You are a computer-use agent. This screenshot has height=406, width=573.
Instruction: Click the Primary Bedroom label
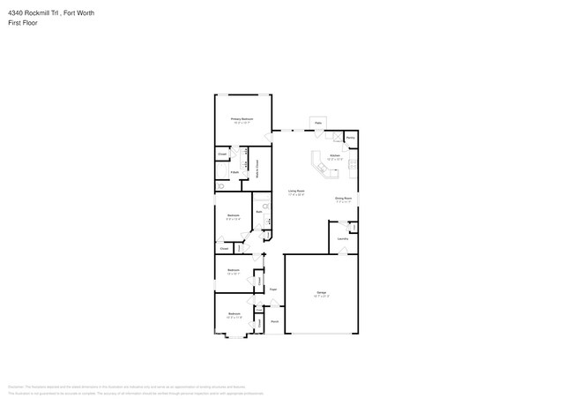(x=242, y=119)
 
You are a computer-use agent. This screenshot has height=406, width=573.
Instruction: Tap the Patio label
(x=318, y=122)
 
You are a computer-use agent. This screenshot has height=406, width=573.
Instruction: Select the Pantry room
(x=350, y=139)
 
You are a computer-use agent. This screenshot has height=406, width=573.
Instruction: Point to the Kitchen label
(x=335, y=156)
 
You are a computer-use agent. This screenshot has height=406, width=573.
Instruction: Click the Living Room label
(x=296, y=192)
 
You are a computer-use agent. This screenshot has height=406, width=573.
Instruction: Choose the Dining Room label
(x=344, y=199)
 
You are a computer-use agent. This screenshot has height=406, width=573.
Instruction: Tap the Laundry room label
(x=343, y=238)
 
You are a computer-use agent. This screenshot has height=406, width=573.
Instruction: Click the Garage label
(x=321, y=293)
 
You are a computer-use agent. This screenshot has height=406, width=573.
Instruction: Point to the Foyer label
(x=274, y=289)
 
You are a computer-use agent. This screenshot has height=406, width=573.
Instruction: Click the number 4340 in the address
(x=15, y=13)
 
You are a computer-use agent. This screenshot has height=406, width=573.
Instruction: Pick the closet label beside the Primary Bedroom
(x=222, y=154)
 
